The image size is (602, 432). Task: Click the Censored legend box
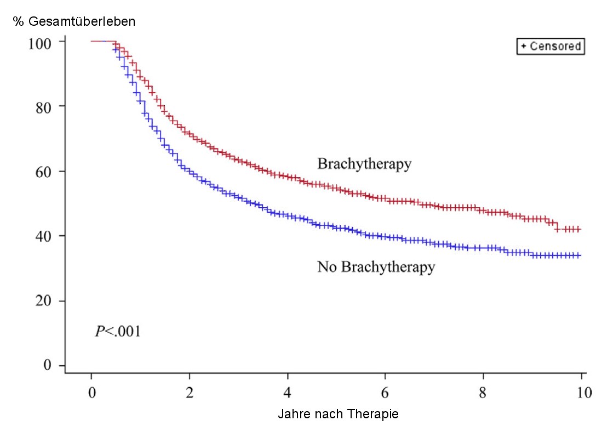[551, 47]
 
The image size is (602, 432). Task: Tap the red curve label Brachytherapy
[364, 164]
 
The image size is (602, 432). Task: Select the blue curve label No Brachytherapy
[376, 267]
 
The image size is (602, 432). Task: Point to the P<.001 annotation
[118, 331]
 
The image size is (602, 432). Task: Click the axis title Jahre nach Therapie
[338, 414]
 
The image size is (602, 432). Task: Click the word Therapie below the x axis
[374, 414]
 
